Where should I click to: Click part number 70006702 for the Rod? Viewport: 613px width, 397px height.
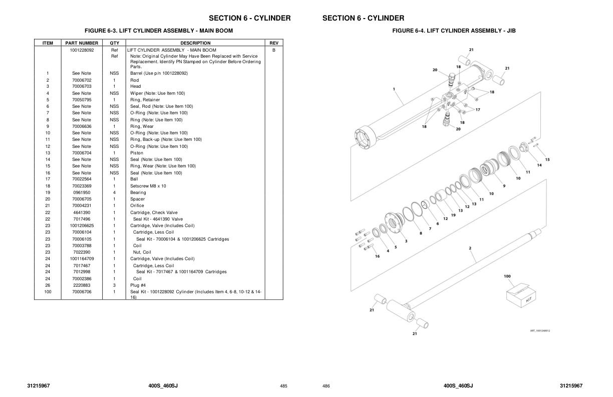click(x=82, y=80)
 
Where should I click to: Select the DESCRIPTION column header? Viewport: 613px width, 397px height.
click(x=195, y=43)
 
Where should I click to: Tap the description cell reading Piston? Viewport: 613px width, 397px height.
click(x=137, y=153)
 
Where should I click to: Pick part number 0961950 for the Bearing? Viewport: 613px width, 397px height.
click(x=82, y=192)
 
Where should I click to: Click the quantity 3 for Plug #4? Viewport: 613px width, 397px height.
click(x=114, y=285)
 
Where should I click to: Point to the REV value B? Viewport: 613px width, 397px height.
click(x=274, y=50)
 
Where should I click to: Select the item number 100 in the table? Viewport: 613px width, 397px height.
click(x=48, y=292)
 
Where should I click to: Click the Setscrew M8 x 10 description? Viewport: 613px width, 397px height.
click(x=148, y=186)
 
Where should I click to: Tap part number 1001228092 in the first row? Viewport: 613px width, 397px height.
click(x=82, y=50)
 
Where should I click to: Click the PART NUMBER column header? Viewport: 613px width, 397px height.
click(x=82, y=43)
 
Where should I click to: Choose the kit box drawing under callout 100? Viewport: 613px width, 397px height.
click(x=519, y=295)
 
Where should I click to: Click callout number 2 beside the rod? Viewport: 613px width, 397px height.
click(x=470, y=248)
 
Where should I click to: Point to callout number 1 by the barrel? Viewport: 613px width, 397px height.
click(x=394, y=89)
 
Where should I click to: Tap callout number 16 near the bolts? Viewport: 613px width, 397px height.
click(x=377, y=256)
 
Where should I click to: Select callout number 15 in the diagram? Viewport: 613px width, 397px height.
click(x=547, y=159)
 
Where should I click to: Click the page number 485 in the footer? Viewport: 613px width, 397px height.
click(x=283, y=386)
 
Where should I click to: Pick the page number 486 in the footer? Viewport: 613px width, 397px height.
click(x=326, y=386)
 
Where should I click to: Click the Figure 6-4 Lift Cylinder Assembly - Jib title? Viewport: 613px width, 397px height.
click(x=454, y=31)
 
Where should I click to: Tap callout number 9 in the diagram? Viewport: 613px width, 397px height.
click(x=504, y=186)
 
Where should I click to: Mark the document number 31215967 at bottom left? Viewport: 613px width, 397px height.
click(x=39, y=385)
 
